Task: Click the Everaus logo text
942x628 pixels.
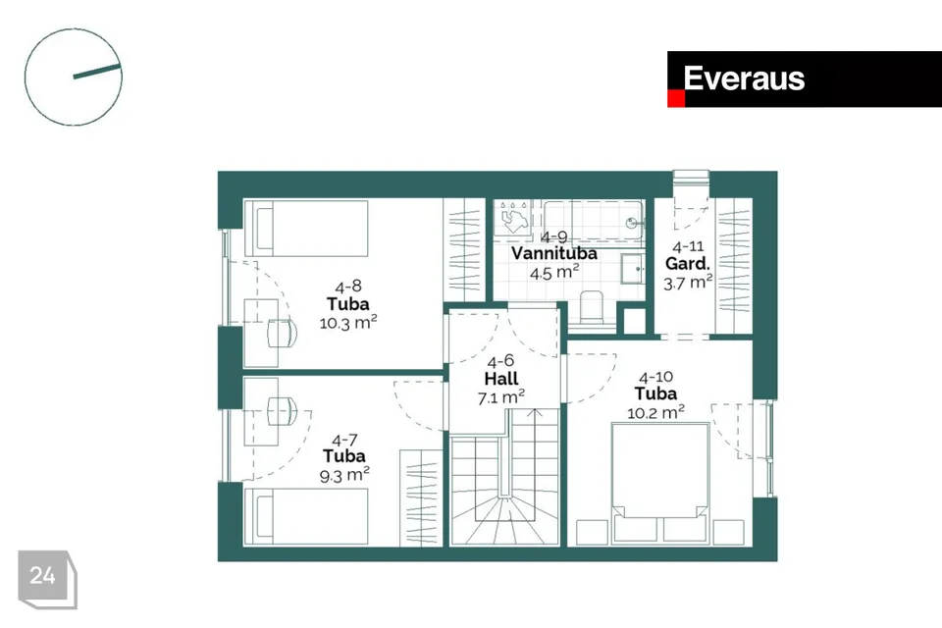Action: (744, 78)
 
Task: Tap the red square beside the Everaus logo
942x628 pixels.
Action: (676, 98)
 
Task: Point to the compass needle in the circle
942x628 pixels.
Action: (97, 71)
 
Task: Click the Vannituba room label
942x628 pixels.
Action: (553, 253)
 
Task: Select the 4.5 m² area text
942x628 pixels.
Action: (553, 273)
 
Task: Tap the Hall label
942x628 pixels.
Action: (501, 379)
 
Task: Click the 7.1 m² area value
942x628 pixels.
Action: (501, 397)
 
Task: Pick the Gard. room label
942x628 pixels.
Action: (687, 264)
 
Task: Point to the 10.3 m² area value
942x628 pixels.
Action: (347, 323)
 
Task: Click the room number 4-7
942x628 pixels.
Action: (344, 440)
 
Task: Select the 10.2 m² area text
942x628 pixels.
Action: (655, 413)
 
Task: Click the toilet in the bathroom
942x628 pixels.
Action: (592, 308)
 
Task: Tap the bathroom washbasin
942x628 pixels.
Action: (632, 268)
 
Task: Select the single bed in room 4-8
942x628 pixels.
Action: (306, 229)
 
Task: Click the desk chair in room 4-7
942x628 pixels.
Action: (282, 410)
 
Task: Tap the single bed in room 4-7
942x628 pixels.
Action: (306, 517)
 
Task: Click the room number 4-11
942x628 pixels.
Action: (688, 246)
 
